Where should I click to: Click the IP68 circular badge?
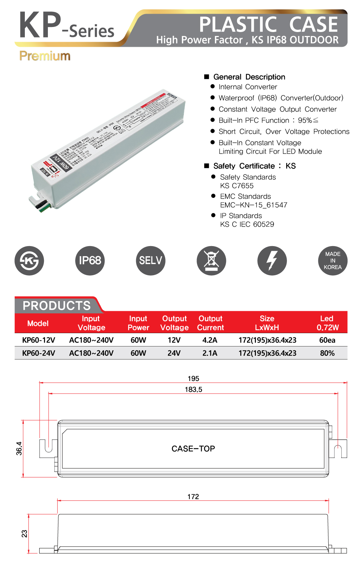90,260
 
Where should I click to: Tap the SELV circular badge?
150,260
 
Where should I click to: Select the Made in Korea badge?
333,260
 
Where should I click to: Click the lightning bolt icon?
272,260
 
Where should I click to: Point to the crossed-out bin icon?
211,260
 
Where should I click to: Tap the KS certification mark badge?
29,260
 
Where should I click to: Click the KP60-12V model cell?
39,340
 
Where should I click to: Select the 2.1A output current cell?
210,353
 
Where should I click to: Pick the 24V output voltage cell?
174,353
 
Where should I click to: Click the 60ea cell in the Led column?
327,340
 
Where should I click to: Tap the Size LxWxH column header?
267,323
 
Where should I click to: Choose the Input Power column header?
138,323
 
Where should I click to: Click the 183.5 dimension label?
193,389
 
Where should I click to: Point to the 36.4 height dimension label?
19,448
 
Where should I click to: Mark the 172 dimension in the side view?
193,496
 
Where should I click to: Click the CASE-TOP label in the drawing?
193,449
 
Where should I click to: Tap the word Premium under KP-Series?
45,56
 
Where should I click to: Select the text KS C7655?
237,186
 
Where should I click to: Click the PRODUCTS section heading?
57,305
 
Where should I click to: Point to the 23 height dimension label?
24,533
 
